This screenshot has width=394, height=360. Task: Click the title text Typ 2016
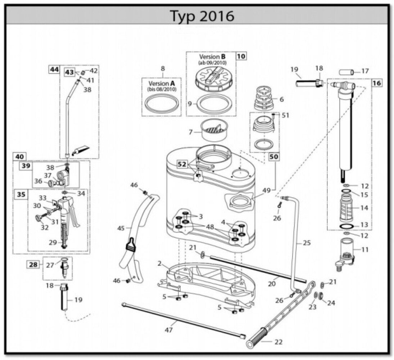(201, 15)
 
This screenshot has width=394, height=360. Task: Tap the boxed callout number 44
(54, 69)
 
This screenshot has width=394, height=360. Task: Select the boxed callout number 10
(241, 56)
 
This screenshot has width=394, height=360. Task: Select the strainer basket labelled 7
(216, 131)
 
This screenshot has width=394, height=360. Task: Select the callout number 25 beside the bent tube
(307, 243)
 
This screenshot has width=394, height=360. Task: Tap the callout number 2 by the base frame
(159, 264)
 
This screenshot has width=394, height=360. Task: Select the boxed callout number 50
(274, 157)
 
